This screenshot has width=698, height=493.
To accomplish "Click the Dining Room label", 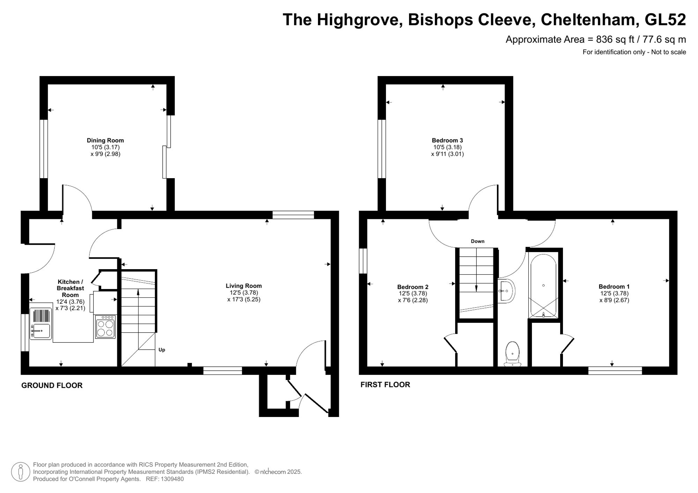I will click(x=105, y=140).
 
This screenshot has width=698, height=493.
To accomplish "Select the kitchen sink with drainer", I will click(x=41, y=324).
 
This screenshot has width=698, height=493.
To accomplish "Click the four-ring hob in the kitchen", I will click(x=105, y=327).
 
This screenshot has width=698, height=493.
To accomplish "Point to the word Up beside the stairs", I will click(x=162, y=350).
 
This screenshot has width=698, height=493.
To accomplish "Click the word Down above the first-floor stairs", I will click(x=477, y=241).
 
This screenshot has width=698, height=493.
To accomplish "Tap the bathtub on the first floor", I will click(x=543, y=285).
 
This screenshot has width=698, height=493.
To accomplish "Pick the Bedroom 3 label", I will click(x=447, y=140).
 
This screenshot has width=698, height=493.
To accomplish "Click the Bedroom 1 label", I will click(x=614, y=287).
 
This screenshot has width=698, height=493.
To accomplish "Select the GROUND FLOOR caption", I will click(x=52, y=385).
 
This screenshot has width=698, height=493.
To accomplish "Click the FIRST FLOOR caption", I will click(x=385, y=385).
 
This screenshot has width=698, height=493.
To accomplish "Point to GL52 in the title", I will click(x=665, y=20).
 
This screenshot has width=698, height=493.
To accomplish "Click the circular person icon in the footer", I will click(x=21, y=472).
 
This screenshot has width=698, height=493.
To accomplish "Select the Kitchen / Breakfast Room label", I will click(x=70, y=288).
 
